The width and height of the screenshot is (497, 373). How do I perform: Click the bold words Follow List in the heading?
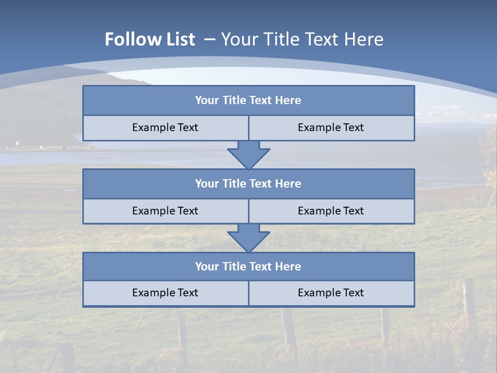point(150,39)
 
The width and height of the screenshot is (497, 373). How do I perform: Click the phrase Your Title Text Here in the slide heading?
point(302,39)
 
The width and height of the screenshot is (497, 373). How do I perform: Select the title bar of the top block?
point(248,101)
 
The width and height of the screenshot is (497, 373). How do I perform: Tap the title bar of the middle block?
point(248,183)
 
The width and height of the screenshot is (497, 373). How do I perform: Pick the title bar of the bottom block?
point(248,266)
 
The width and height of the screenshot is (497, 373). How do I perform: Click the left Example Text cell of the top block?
point(165,127)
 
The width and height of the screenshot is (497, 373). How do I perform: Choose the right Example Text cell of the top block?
point(331,127)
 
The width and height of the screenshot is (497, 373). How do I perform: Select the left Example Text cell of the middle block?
point(165,211)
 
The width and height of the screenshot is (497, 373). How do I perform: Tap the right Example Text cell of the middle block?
point(331,211)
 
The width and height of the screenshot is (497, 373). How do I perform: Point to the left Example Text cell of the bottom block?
point(165,293)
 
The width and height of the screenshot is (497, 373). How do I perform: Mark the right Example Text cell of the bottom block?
point(331,293)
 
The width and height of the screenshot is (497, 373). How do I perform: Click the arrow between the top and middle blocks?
point(248,155)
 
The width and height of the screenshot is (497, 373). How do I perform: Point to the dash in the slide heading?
point(210,39)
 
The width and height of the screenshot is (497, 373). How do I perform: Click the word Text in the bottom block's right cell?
point(353,293)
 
